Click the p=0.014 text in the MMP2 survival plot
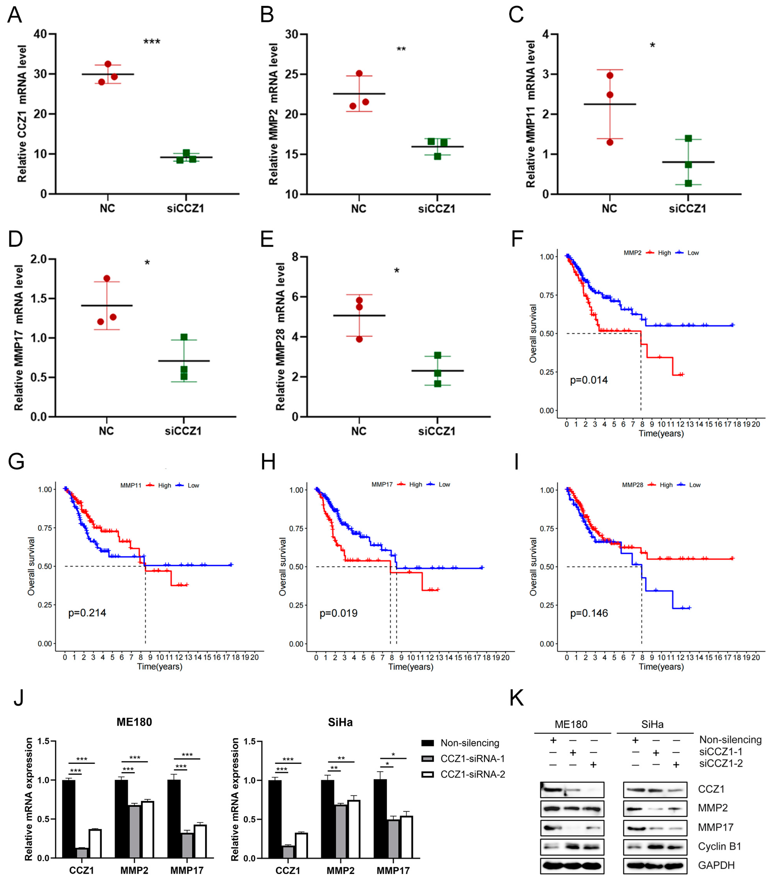point(589,380)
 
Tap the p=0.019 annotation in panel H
point(338,613)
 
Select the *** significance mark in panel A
point(151,42)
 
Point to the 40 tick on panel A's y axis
point(40,34)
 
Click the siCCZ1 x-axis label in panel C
point(687,209)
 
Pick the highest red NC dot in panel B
point(359,74)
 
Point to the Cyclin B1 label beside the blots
point(719,846)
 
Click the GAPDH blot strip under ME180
point(572,865)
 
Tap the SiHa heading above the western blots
point(652,725)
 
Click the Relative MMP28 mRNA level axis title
point(280,336)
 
